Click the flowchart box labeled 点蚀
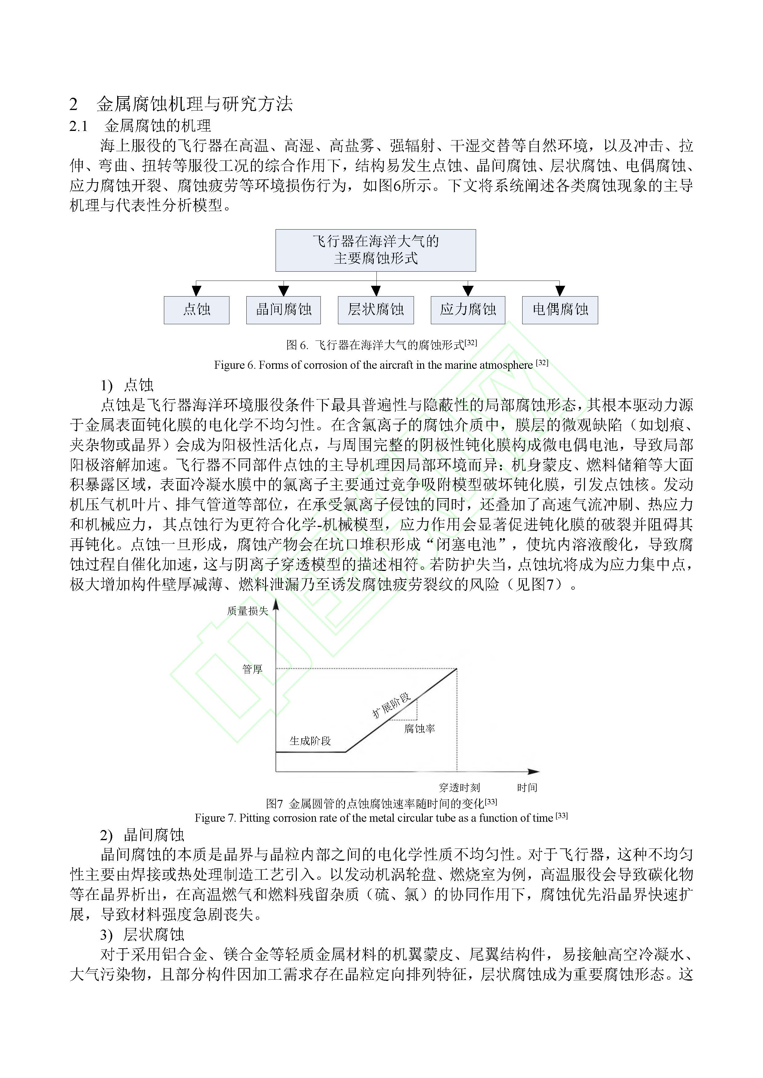pos(197,310)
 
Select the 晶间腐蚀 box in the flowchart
pos(283,310)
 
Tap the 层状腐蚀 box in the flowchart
pos(376,310)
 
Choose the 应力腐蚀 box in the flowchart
pos(468,310)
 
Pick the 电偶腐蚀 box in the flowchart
pos(560,310)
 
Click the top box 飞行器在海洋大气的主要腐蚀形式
pos(376,250)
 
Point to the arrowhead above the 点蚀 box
pos(197,291)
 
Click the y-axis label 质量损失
pos(248,611)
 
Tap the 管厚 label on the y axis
pos(252,669)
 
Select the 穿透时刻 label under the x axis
pos(459,787)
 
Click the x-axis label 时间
pos(527,787)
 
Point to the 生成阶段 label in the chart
pos(310,741)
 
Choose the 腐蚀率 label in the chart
pos(419,729)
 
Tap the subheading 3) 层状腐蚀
pos(142,935)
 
